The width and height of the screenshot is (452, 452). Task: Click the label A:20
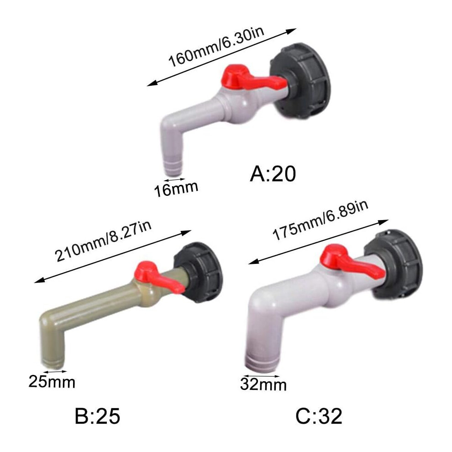click(x=273, y=174)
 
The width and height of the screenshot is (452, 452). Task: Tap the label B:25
click(x=97, y=416)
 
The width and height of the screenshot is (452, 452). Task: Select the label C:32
click(x=319, y=416)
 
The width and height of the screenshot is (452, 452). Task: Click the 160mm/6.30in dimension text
click(x=216, y=47)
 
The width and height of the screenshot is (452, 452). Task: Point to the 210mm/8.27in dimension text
click(x=103, y=241)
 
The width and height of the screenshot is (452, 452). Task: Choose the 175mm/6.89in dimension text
click(x=320, y=221)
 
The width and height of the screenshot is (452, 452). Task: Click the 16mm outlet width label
click(x=176, y=189)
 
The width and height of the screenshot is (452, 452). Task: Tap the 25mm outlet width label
click(x=52, y=382)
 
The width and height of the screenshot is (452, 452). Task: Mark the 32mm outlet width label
click(x=263, y=384)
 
